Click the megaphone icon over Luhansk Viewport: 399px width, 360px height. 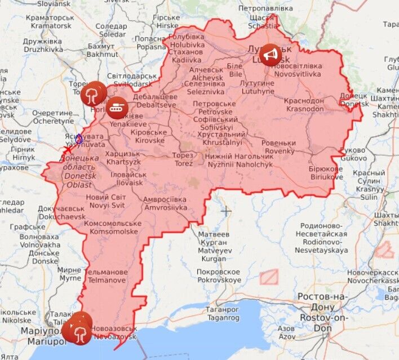coord(271,54)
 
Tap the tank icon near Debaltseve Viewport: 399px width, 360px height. coord(117,105)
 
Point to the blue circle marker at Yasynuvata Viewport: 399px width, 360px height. coord(79,139)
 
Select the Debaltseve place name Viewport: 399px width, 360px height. coord(148,101)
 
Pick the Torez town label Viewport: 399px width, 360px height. coord(183,159)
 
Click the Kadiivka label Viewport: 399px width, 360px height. coord(187,56)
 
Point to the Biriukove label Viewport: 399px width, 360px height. coord(326,173)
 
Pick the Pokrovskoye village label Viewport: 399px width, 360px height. coord(219,276)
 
